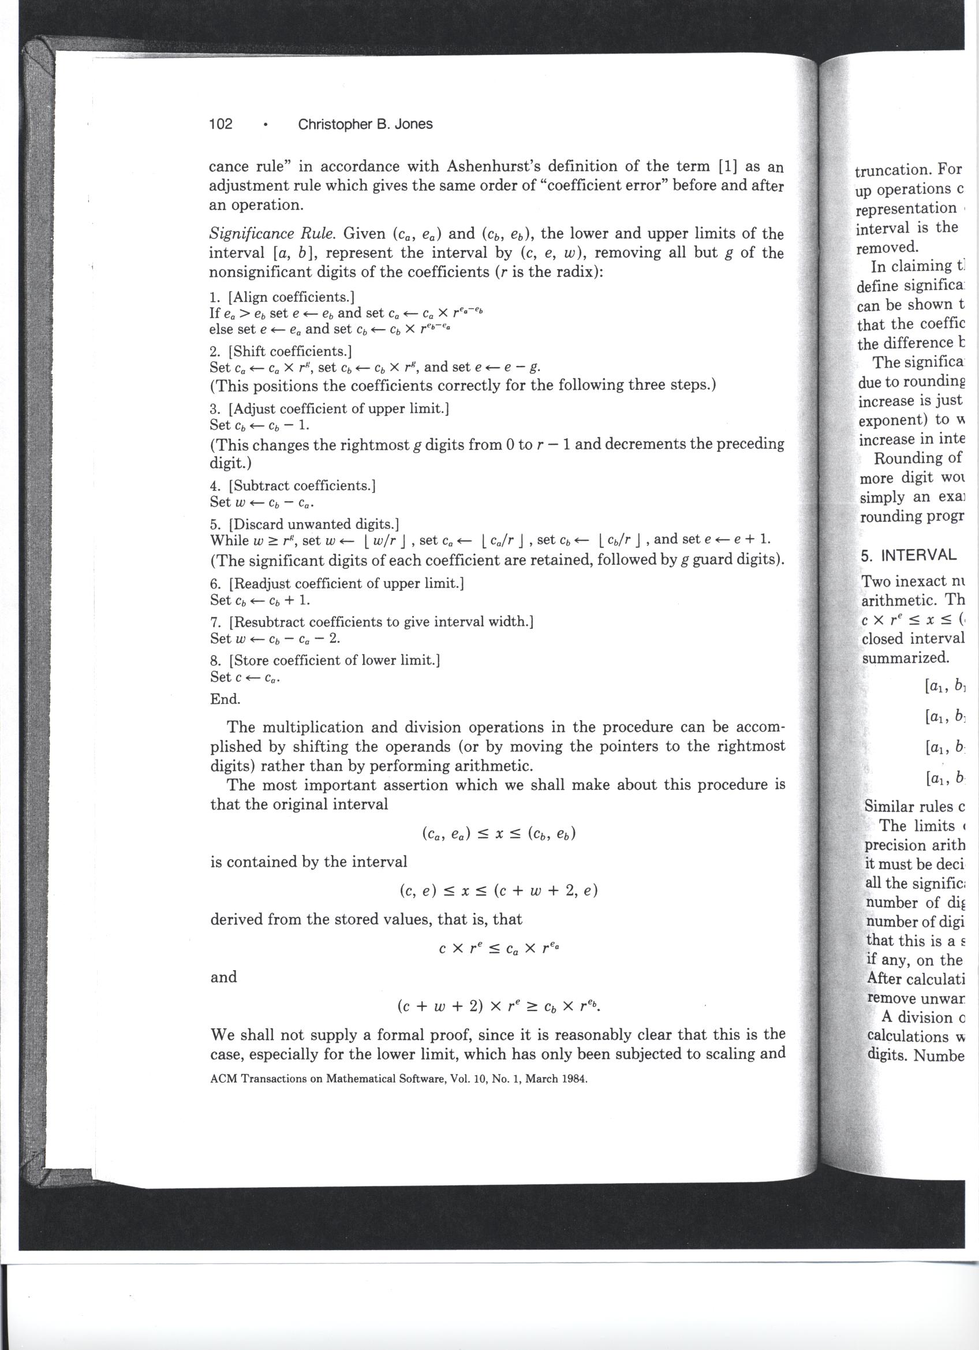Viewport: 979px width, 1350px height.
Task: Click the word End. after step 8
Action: point(225,699)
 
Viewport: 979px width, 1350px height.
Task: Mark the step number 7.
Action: point(215,622)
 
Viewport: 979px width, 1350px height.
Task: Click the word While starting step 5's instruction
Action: point(229,540)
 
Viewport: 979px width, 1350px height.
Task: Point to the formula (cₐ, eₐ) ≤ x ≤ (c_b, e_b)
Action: point(498,834)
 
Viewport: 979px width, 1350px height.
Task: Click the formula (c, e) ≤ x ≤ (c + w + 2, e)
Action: point(498,891)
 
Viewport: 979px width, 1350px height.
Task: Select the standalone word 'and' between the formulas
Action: point(223,977)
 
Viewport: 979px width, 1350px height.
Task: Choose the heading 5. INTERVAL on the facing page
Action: point(908,555)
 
